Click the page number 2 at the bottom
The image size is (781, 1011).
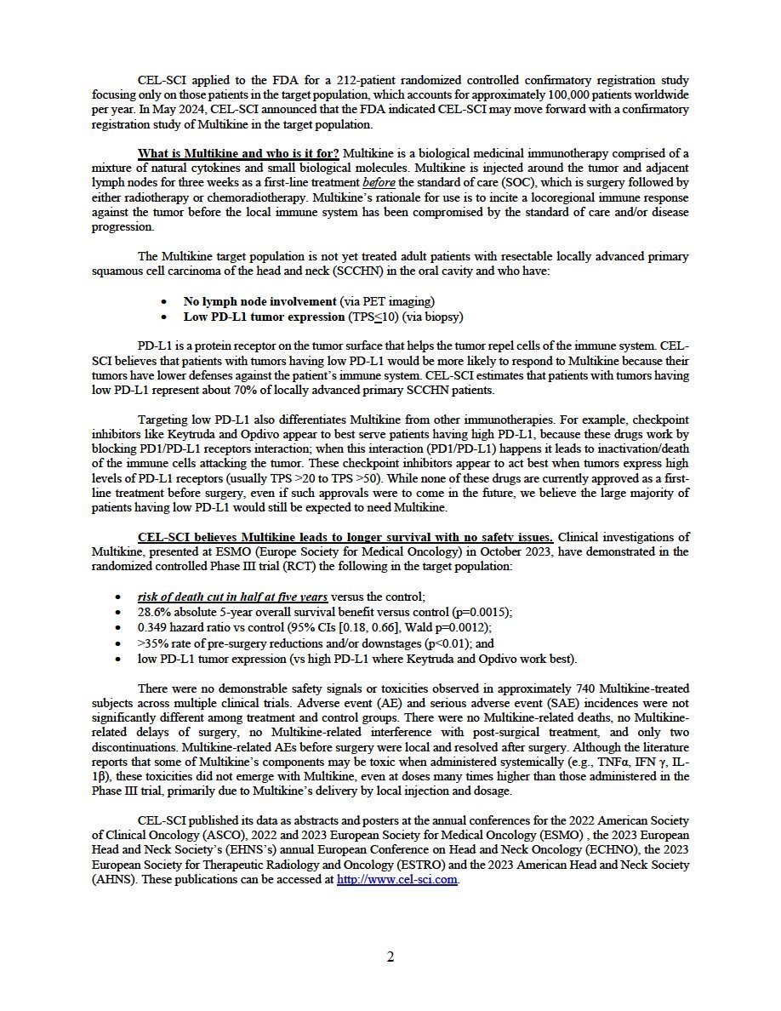click(x=390, y=957)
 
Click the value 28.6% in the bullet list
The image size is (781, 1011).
click(x=152, y=612)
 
